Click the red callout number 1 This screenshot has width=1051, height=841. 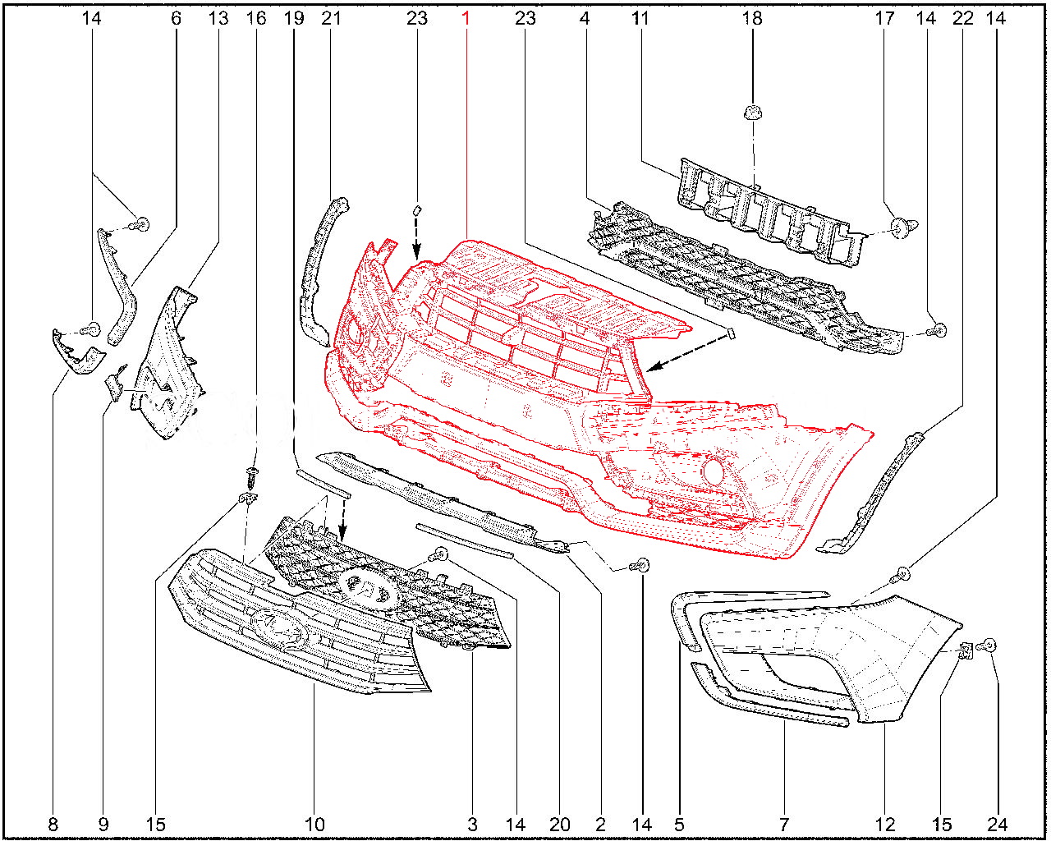pyautogui.click(x=466, y=19)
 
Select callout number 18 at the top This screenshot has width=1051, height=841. pyautogui.click(x=752, y=19)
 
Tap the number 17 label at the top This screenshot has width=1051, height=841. pyautogui.click(x=884, y=19)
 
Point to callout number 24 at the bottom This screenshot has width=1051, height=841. pyautogui.click(x=997, y=825)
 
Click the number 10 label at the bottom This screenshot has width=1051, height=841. pyautogui.click(x=314, y=825)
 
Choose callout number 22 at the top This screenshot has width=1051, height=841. pyautogui.click(x=962, y=19)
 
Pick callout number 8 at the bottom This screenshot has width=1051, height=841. pyautogui.click(x=53, y=825)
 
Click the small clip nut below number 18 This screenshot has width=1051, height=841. pyautogui.click(x=753, y=112)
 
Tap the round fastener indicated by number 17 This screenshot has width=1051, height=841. pyautogui.click(x=905, y=227)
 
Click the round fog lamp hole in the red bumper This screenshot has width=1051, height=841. pyautogui.click(x=714, y=472)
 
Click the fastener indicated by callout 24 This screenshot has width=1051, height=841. pyautogui.click(x=986, y=646)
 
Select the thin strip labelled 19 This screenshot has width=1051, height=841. pyautogui.click(x=323, y=483)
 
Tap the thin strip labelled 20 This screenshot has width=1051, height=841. pyautogui.click(x=465, y=540)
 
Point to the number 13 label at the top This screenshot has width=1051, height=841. pyautogui.click(x=218, y=19)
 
